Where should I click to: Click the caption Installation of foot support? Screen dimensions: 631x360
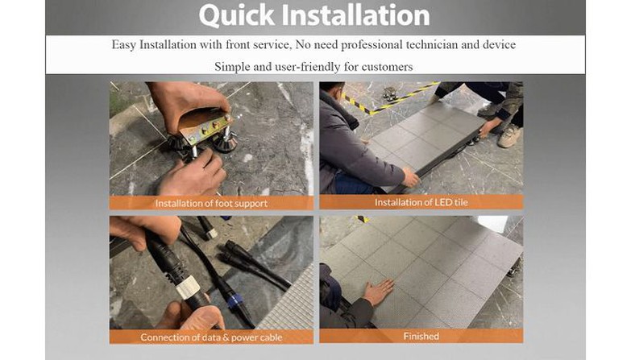(211, 203)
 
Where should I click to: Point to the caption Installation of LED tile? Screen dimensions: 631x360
(421, 202)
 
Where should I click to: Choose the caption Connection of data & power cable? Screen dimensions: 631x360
(211, 337)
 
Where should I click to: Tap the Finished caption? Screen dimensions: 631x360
(421, 336)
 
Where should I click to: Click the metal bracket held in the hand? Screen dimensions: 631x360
(205, 126)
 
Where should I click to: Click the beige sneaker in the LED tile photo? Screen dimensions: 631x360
(509, 135)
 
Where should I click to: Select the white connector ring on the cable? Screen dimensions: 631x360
(188, 288)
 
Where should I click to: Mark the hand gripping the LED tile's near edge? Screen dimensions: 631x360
(410, 178)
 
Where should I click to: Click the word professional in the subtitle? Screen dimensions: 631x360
(372, 44)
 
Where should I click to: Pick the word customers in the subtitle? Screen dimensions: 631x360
(387, 66)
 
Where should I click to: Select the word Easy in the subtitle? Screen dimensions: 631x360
(124, 44)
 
